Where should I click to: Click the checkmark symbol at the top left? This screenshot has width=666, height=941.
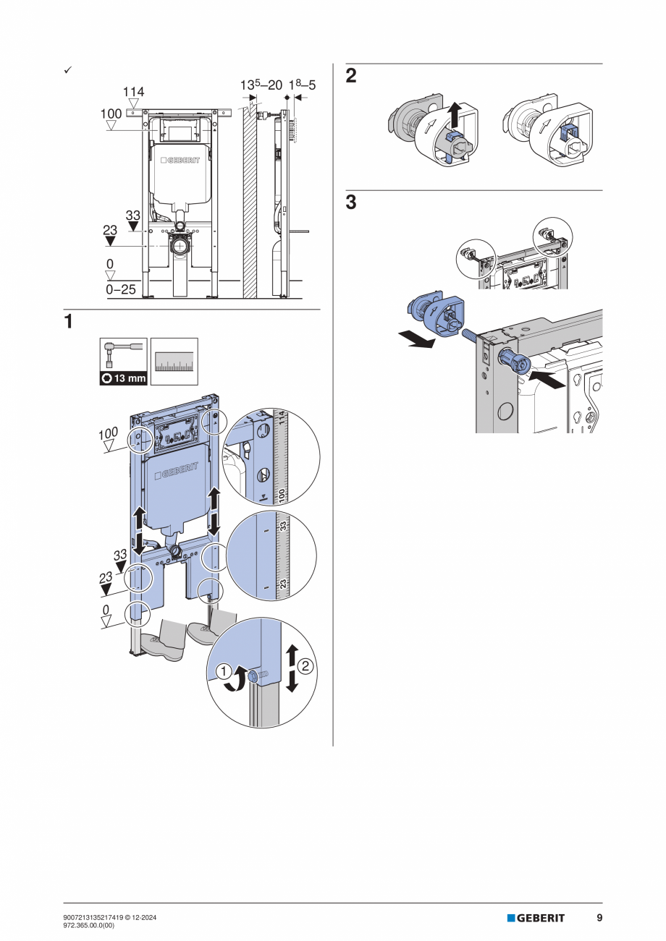(x=67, y=70)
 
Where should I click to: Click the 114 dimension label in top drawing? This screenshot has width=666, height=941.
(x=133, y=92)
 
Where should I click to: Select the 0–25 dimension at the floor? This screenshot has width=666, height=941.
(x=120, y=290)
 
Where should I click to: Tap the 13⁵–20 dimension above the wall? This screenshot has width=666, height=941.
(x=261, y=85)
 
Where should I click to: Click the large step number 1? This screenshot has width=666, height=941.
(x=69, y=323)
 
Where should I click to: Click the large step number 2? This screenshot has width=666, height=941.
(x=351, y=76)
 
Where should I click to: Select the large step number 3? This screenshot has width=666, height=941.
(x=351, y=203)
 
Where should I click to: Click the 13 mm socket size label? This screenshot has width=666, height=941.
(x=124, y=378)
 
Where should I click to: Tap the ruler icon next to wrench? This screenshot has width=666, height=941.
(x=174, y=361)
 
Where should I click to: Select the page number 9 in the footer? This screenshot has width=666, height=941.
(x=599, y=918)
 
